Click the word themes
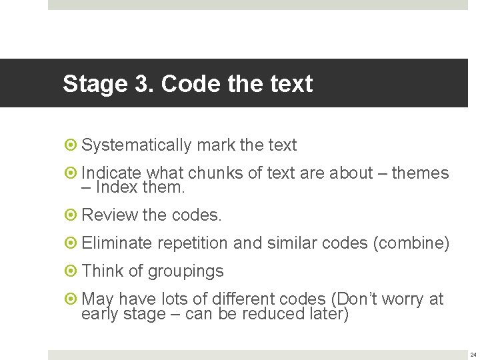click(420, 173)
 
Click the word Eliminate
click(117, 243)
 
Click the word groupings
click(185, 271)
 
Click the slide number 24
click(473, 355)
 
